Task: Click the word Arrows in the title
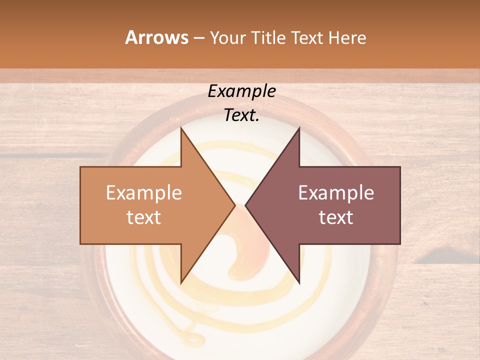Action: click(x=157, y=37)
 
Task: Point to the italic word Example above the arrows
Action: click(x=242, y=91)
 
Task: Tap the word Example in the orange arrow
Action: click(x=144, y=193)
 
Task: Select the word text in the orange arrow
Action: click(x=144, y=217)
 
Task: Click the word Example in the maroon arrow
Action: click(x=336, y=193)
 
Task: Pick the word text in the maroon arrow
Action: click(x=336, y=217)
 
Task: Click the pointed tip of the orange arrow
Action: click(x=234, y=205)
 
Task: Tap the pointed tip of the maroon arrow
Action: click(x=246, y=205)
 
